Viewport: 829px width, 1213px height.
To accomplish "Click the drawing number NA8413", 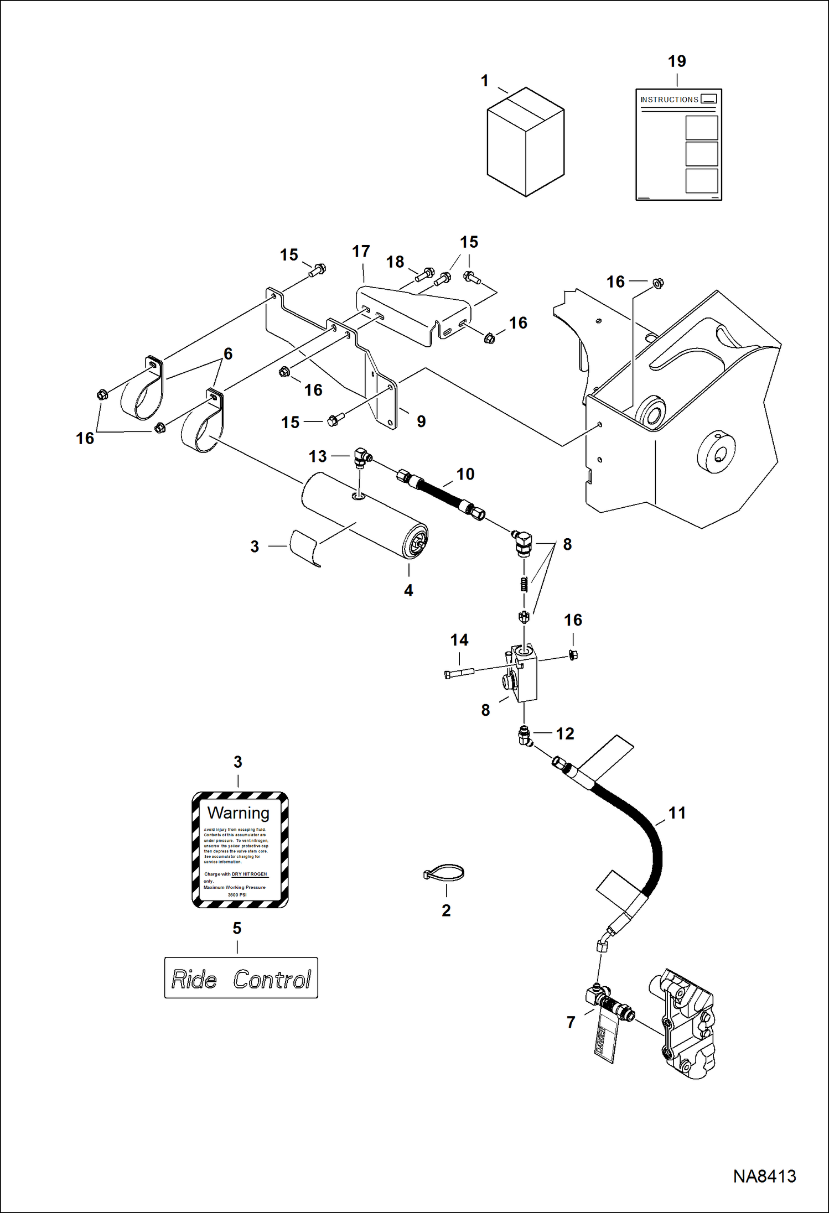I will [764, 1176].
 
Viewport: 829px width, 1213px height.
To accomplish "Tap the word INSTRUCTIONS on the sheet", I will [669, 100].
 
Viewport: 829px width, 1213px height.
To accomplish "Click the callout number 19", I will [676, 61].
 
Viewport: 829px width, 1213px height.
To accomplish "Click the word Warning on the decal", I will [238, 813].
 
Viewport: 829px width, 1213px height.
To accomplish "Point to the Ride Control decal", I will [241, 978].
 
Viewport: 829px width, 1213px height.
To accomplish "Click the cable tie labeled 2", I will [444, 873].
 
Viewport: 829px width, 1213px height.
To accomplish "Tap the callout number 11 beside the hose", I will [676, 813].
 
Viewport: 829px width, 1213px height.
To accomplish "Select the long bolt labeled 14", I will [459, 673].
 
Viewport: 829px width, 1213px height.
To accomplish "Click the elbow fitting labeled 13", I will [362, 457].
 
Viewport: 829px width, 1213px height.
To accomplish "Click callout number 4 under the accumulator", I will [408, 590].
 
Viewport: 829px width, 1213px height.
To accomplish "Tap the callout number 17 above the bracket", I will [361, 251].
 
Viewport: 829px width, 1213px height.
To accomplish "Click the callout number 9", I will [421, 421].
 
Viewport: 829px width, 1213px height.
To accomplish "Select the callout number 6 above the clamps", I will [228, 353].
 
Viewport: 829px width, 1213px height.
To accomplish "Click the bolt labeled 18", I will [426, 273].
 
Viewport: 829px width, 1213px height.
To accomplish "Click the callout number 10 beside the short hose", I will [465, 474].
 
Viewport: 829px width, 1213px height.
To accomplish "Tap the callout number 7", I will [571, 1022].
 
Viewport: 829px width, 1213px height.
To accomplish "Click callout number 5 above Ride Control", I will [237, 928].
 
